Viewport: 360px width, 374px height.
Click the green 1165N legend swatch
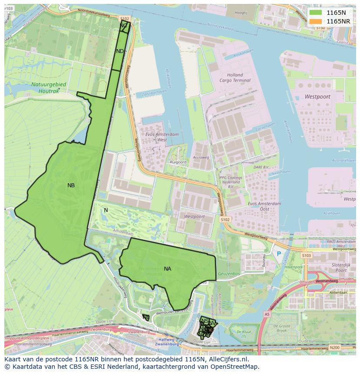[316, 13]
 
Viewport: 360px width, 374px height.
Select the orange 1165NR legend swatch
[316, 21]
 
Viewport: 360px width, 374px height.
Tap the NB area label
[71, 185]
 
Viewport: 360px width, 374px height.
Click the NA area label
[167, 269]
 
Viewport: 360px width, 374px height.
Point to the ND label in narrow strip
[120, 51]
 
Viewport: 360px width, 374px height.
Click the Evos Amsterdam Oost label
[264, 206]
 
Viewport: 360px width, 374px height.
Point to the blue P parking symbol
[279, 253]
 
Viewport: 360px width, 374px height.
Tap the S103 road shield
[307, 256]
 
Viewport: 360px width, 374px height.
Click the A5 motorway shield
[267, 314]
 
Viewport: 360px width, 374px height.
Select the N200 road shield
[334, 348]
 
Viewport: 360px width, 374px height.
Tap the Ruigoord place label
[178, 162]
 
